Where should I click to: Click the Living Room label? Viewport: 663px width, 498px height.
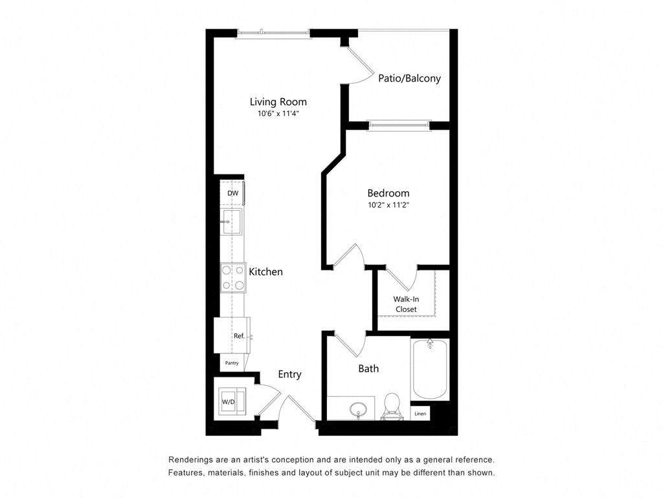pyautogui.click(x=278, y=102)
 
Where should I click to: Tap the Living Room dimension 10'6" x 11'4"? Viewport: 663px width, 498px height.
pyautogui.click(x=278, y=113)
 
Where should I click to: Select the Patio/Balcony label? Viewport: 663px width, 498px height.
pyautogui.click(x=409, y=78)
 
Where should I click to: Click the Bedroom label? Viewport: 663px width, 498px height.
pyautogui.click(x=388, y=193)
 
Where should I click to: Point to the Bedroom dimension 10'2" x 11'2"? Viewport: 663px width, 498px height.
pyautogui.click(x=388, y=205)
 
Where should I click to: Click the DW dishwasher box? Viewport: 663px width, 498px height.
pyautogui.click(x=232, y=193)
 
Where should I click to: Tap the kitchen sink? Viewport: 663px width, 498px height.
pyautogui.click(x=231, y=221)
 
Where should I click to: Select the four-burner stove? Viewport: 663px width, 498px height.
pyautogui.click(x=232, y=278)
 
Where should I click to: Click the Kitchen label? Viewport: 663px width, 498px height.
pyautogui.click(x=265, y=272)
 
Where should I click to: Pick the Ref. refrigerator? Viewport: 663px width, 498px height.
pyautogui.click(x=234, y=335)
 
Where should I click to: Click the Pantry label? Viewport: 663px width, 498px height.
pyautogui.click(x=232, y=363)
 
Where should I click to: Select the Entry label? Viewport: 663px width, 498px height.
pyautogui.click(x=289, y=374)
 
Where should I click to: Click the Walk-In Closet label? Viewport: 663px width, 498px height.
pyautogui.click(x=405, y=304)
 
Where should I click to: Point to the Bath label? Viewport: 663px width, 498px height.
pyautogui.click(x=368, y=368)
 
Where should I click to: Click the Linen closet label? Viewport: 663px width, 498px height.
pyautogui.click(x=420, y=413)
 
